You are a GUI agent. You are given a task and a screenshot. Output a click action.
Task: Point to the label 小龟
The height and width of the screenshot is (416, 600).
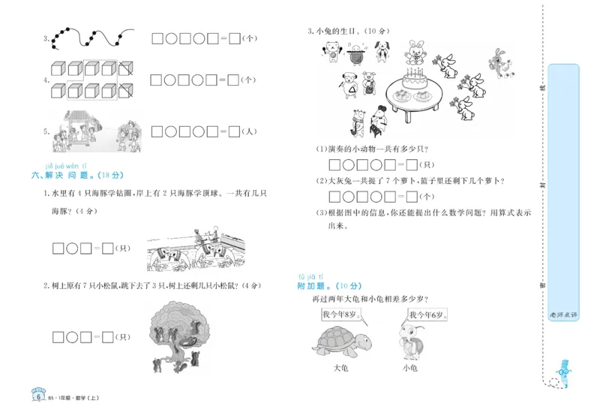[x=409, y=368]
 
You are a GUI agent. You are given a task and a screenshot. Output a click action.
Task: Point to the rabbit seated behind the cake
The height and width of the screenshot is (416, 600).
[x=414, y=54]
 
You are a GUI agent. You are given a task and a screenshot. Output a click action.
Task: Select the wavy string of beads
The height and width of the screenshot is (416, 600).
[x=90, y=38]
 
